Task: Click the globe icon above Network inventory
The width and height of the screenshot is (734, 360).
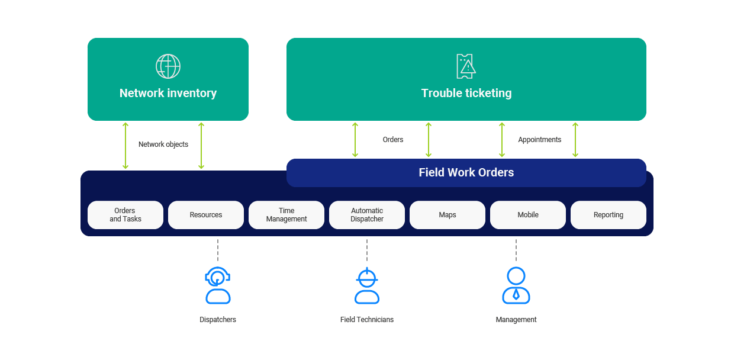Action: (168, 66)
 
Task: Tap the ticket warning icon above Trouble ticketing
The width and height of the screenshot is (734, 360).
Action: (466, 66)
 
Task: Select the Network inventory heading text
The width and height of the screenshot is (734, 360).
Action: (168, 93)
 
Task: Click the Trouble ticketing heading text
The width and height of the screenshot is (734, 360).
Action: (466, 93)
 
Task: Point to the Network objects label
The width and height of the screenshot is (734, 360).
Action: (163, 144)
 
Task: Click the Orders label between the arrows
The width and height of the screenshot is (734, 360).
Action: (393, 140)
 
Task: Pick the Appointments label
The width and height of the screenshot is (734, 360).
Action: (540, 140)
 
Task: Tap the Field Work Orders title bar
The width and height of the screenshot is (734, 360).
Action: (466, 173)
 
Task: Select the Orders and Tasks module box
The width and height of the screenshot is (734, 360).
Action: (125, 215)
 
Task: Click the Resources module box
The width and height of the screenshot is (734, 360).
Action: (206, 215)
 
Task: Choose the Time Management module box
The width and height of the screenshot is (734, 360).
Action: (286, 215)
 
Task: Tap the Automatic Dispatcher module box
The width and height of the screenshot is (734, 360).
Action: (367, 215)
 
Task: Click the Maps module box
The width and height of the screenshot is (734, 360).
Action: (448, 215)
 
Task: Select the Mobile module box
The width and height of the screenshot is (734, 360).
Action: (528, 215)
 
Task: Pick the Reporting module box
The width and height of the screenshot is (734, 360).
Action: (609, 215)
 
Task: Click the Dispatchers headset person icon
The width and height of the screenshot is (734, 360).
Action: (218, 285)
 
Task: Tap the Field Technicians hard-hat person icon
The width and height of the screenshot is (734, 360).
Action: (367, 285)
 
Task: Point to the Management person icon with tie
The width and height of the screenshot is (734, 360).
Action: (516, 285)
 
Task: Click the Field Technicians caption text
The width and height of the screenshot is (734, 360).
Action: (367, 320)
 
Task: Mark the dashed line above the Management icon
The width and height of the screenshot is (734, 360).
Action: (516, 250)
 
